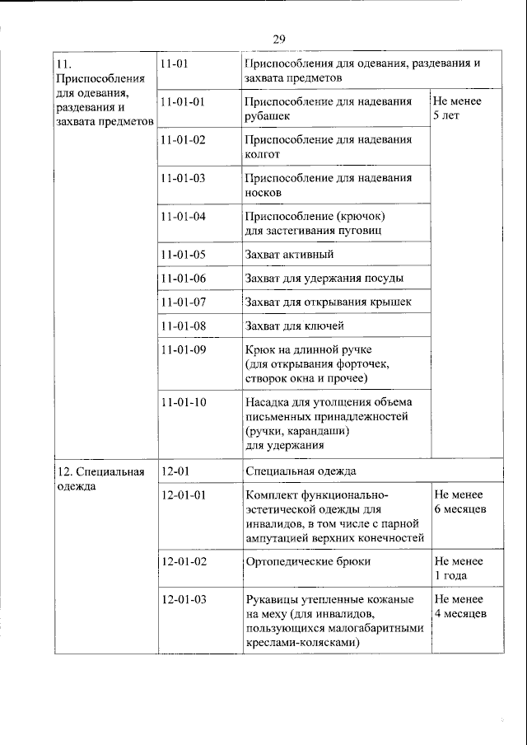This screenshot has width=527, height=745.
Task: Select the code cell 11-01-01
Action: coord(184,102)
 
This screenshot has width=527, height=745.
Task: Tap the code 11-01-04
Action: coord(184,217)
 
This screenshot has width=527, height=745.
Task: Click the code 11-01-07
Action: coord(184,302)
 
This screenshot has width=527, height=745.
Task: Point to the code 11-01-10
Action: coord(184,403)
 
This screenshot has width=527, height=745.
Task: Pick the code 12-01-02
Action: coord(184,561)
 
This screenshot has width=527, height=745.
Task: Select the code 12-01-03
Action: coord(184,600)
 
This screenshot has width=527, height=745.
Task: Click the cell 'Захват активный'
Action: coord(289,255)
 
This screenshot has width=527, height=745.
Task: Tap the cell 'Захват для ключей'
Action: coord(294,326)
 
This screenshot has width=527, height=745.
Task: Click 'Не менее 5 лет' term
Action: coord(457,109)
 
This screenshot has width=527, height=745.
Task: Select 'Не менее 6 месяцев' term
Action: coord(459,502)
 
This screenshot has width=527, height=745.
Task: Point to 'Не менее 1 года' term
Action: coord(458,568)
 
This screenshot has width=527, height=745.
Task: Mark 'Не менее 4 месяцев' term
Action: coord(459,607)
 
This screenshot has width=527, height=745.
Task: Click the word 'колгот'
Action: coord(263,153)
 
